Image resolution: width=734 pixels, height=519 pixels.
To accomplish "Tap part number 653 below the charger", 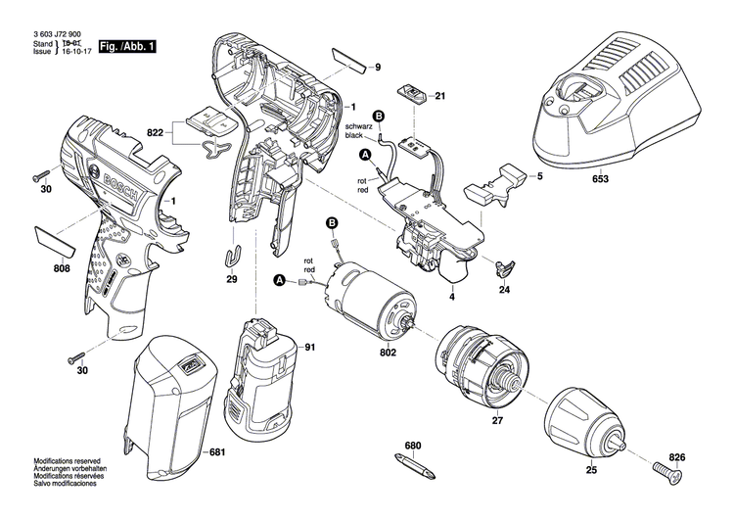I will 601,179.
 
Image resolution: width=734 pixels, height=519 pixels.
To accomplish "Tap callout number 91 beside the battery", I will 309,348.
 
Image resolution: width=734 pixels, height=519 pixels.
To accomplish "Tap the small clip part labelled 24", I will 503,267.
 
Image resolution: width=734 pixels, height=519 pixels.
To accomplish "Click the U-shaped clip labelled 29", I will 231,256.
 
